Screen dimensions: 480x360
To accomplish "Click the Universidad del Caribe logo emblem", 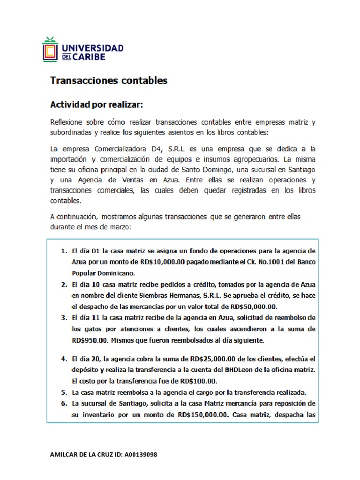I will click(50, 49).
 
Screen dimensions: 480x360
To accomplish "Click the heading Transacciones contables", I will click(109, 81).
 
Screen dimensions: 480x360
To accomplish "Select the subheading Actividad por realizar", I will click(100, 103).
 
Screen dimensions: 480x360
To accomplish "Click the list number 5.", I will click(64, 392).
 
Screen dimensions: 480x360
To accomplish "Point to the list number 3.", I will click(64, 318).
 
